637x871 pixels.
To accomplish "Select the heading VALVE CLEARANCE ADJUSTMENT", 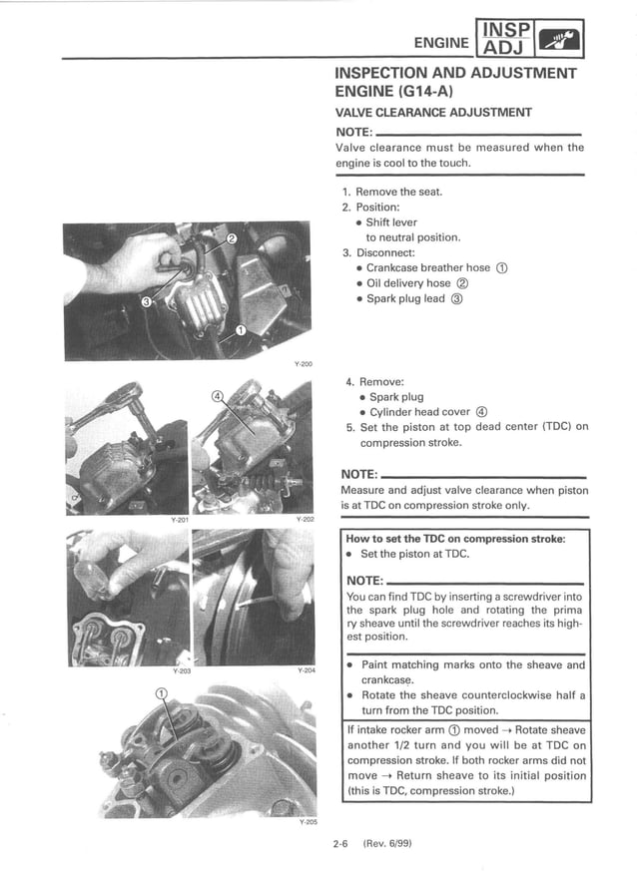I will click(x=433, y=113).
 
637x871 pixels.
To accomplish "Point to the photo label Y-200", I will click(x=303, y=364).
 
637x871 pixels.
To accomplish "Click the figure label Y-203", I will click(x=180, y=670).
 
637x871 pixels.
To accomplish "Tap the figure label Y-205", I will click(x=308, y=823).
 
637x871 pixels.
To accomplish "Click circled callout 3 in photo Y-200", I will click(x=146, y=302).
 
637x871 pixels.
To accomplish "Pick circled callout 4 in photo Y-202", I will click(x=218, y=396).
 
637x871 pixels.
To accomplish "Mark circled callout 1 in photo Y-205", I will click(x=161, y=694).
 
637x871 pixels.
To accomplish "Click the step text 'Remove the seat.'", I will click(x=398, y=192).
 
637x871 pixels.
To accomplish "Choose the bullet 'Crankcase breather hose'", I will click(x=430, y=267).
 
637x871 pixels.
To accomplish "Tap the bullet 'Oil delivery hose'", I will click(x=412, y=283).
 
